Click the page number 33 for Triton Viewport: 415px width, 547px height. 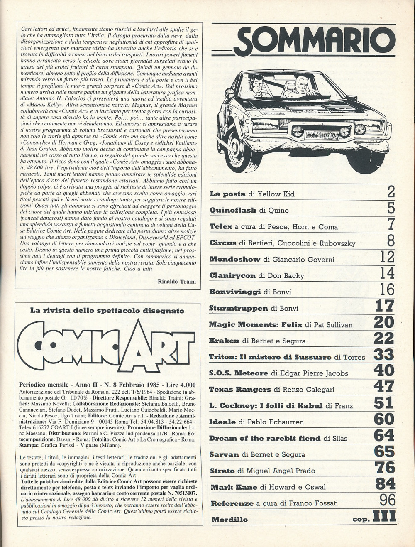click(384, 355)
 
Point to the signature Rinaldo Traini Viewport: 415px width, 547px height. click(177, 282)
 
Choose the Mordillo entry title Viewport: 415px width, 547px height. click(229, 520)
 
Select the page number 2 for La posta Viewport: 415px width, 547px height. click(390, 192)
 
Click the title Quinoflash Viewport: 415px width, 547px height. click(233, 210)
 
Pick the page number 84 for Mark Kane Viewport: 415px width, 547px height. click(385, 484)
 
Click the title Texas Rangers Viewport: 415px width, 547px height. click(240, 389)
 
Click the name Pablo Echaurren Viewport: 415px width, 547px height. click(276, 422)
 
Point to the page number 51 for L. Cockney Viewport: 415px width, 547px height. click(384, 403)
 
